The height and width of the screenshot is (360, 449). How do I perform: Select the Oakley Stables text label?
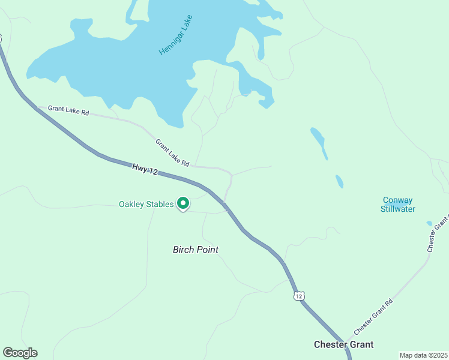tap(146, 204)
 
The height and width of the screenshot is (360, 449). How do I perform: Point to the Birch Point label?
tap(196, 250)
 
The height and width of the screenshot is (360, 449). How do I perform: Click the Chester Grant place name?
tap(344, 344)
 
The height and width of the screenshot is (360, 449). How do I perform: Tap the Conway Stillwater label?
tap(398, 205)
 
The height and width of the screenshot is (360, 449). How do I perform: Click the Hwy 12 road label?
tap(145, 171)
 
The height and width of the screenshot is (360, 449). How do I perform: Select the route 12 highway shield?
tap(300, 296)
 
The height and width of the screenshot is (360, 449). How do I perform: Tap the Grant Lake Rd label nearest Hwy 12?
tap(172, 153)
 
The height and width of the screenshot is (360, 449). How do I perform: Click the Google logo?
tap(20, 353)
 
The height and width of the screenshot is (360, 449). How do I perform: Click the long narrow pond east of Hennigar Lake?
tap(319, 143)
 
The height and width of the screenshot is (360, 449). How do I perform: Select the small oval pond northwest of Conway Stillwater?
tap(340, 181)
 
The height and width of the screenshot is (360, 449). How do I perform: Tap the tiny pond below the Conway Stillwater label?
tap(429, 224)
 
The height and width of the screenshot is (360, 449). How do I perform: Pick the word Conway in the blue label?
tap(398, 200)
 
